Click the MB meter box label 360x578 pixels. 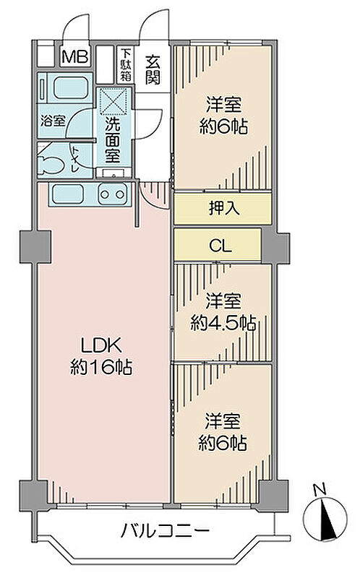click(75, 57)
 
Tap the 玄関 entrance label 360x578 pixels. click(153, 69)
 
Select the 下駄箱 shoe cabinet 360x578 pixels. click(126, 65)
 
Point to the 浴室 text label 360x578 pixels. click(53, 121)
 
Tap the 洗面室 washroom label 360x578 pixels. click(113, 140)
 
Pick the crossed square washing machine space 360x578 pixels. click(114, 100)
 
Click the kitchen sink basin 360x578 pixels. click(67, 194)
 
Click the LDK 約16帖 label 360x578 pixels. click(101, 356)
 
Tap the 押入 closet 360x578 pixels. click(223, 209)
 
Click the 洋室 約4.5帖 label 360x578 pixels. click(223, 312)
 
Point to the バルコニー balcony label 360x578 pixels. click(166, 531)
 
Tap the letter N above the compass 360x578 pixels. click(320, 490)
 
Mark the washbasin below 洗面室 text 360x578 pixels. click(113, 173)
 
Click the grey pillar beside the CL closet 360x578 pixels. click(275, 245)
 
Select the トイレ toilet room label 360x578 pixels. click(75, 159)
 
